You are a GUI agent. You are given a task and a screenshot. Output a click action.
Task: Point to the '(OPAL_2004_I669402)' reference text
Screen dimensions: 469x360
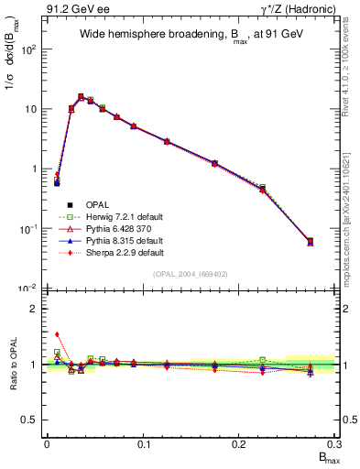click(x=190, y=273)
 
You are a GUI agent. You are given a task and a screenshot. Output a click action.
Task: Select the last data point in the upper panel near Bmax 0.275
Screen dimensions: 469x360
click(x=310, y=242)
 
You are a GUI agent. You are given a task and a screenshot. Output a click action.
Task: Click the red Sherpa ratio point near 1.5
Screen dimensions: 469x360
click(x=57, y=334)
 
